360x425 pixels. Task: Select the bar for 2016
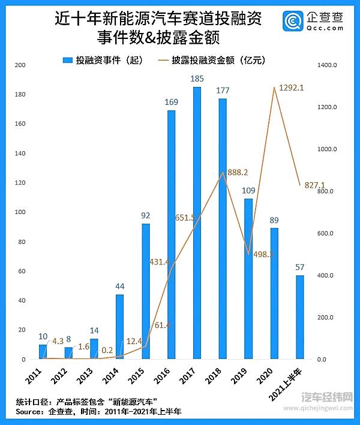tap(171, 234)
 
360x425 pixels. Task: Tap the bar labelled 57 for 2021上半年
tap(300, 317)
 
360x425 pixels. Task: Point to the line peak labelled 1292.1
tap(274, 88)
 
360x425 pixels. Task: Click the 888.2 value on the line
tap(238, 172)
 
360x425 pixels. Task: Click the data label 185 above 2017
tap(197, 79)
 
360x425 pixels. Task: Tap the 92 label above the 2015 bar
tap(145, 215)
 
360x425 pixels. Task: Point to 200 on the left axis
tap(19, 65)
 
